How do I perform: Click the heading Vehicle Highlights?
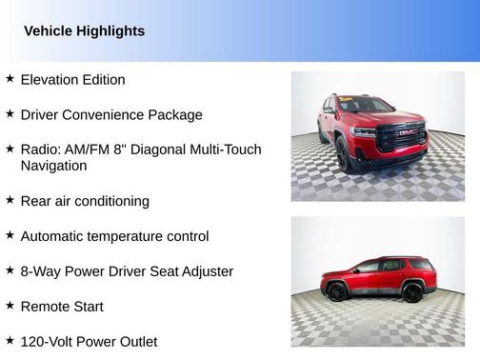(84, 31)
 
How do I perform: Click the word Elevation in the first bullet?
(52, 80)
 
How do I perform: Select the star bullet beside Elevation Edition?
(10, 79)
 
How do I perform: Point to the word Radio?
(40, 150)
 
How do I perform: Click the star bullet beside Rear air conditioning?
(10, 200)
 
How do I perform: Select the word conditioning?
(113, 202)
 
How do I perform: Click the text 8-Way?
(41, 271)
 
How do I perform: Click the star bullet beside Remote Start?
(10, 306)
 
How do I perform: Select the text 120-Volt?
(49, 341)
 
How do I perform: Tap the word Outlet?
(135, 341)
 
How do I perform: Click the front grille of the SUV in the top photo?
(400, 136)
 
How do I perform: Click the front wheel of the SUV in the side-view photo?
(335, 292)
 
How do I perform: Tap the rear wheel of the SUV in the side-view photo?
(412, 291)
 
